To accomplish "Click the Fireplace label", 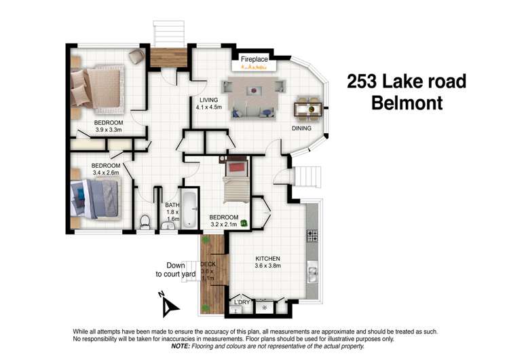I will tap(254, 60).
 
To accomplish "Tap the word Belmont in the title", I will tap(406, 104).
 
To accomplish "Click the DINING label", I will tap(301, 128).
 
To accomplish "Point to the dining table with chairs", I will tap(309, 107).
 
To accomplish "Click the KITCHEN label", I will tap(267, 259).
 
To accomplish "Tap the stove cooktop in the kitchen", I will tap(313, 236).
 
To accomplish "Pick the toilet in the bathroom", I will tap(145, 222).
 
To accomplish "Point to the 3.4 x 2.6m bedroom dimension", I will tap(106, 173).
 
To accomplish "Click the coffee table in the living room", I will tap(254, 90).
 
